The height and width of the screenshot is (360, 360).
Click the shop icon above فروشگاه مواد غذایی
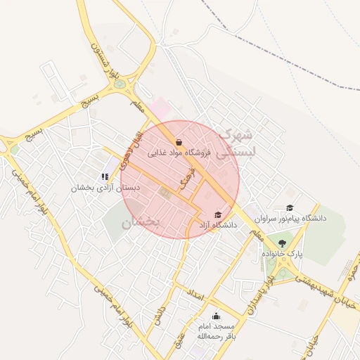(179, 141)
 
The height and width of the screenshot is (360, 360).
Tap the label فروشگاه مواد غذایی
(179, 152)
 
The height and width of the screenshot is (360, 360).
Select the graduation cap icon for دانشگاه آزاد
(217, 214)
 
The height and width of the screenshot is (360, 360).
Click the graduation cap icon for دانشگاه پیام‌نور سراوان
(290, 207)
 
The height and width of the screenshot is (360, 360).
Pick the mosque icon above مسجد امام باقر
(215, 316)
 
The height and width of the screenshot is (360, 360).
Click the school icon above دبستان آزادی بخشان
(105, 177)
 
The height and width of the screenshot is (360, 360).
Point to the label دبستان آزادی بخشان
(110, 188)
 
